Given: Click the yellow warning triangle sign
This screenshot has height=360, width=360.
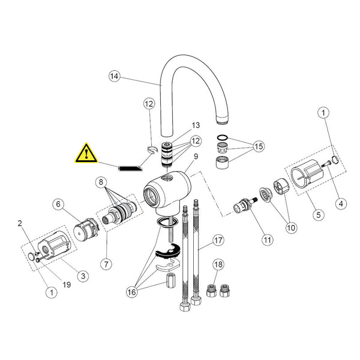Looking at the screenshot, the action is tap(86, 154).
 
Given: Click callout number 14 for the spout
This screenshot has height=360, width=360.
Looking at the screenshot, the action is tap(115, 76).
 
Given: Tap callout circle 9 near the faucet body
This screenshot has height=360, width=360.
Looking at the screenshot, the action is tap(196, 157).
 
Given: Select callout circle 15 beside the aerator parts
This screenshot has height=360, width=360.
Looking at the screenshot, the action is tap(259, 146).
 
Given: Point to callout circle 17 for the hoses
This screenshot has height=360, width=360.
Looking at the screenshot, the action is tap(218, 241).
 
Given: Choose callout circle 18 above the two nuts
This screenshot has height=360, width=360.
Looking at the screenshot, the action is tap(218, 265).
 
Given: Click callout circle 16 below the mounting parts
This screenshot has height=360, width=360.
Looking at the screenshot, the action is tap(132, 292).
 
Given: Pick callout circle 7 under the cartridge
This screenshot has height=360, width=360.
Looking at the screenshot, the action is tap(106, 264).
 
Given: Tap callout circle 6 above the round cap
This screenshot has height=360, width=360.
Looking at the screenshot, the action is tap(58, 204).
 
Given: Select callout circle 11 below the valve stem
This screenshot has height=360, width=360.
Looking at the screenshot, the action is tap(268, 240).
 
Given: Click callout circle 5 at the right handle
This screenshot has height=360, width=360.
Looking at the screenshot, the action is tap(319, 215).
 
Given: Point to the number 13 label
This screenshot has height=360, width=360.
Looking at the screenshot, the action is tap(196, 125).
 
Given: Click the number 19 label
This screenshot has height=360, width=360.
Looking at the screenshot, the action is tap(67, 284).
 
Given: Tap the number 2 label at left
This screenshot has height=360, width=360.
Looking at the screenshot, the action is tap(20, 223).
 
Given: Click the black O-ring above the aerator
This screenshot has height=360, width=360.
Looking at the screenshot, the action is tap(222, 138).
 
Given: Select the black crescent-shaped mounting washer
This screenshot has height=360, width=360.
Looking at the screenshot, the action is tap(168, 251).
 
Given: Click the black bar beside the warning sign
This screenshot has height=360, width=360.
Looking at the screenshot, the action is tap(130, 169).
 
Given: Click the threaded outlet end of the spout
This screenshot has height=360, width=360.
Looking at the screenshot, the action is tap(223, 119).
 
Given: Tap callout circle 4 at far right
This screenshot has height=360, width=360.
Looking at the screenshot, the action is tap(341, 203).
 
